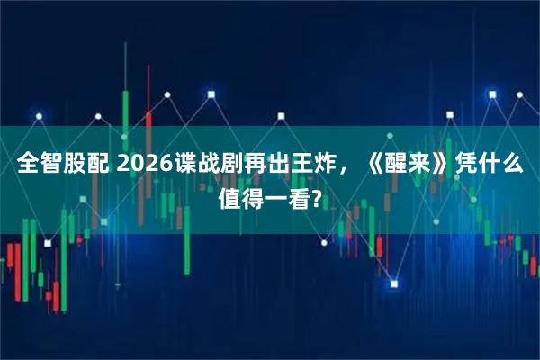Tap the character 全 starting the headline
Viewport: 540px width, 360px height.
click(x=29, y=166)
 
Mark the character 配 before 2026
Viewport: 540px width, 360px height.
click(x=99, y=166)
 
